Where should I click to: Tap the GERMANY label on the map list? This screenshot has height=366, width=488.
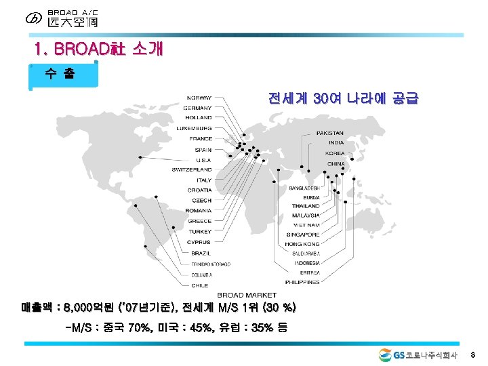point(197,108)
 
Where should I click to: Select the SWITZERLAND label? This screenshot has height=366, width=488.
point(192,169)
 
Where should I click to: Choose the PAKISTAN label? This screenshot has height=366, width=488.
point(330,133)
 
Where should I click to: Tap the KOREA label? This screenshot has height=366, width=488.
point(335,153)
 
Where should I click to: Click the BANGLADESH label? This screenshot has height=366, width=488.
point(304,188)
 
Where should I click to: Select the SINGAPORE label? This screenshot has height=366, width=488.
point(302,235)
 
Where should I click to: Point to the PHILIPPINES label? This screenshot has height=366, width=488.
point(302,282)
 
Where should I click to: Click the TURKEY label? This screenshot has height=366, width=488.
point(200,232)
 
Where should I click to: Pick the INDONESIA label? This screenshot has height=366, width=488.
point(307,263)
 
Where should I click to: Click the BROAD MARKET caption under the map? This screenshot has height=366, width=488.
point(247,295)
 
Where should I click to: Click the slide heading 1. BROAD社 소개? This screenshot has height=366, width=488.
point(99,49)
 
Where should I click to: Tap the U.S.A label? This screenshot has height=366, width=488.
point(201,159)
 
